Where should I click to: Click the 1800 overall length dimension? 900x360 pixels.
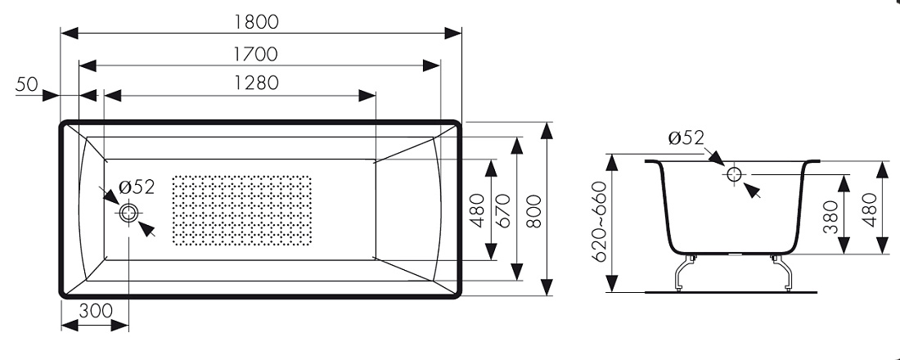tap(255, 21)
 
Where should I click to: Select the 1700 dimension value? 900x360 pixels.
tap(255, 54)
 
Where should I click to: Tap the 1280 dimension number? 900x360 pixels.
tap(256, 83)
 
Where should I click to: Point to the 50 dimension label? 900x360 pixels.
tap(26, 84)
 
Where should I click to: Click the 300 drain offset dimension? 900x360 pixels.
tap(95, 311)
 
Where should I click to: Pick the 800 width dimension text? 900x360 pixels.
tap(533, 211)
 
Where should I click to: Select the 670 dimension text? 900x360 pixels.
tap(503, 211)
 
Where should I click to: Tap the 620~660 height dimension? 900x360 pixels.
tap(601, 222)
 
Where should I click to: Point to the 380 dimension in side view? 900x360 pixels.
tap(831, 217)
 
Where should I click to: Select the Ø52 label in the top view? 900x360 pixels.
tap(137, 187)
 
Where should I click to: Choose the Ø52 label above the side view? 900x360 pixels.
tap(686, 137)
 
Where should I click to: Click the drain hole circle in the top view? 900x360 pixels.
tap(128, 213)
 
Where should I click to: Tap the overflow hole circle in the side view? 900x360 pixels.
tap(734, 174)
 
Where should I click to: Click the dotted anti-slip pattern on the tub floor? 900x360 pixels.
tap(241, 210)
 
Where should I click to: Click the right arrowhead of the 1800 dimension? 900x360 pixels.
tap(453, 34)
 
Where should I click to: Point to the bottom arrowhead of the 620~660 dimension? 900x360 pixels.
tap(614, 284)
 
